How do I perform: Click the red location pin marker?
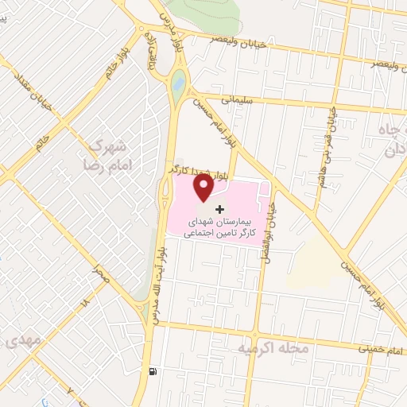[x=203, y=188]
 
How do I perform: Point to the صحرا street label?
[x=100, y=272]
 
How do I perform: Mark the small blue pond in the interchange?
[x=178, y=79]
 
